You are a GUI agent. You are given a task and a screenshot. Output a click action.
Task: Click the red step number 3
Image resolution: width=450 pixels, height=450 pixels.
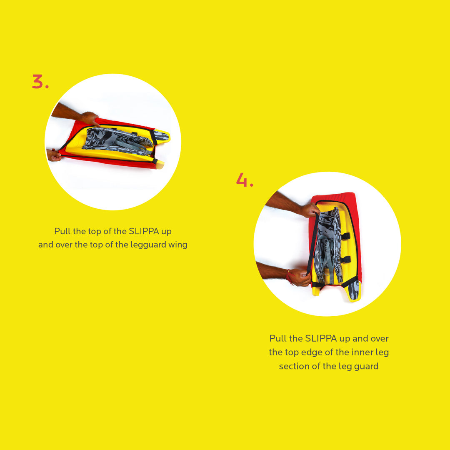pos(40,82)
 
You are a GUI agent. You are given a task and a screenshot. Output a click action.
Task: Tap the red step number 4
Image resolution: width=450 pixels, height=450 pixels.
pos(245,180)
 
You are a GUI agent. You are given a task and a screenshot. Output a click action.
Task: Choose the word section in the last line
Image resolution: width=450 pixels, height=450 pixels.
pos(294,366)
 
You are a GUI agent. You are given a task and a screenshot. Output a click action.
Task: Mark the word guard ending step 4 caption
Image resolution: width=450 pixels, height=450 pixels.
pos(367,366)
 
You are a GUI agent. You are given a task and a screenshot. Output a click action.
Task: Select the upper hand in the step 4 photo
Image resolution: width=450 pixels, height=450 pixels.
pos(309,210)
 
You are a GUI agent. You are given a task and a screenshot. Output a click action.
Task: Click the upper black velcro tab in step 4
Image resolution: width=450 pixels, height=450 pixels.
pos(345,236)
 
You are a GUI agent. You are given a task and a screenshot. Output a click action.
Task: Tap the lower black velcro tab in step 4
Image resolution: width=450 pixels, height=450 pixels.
pos(345,260)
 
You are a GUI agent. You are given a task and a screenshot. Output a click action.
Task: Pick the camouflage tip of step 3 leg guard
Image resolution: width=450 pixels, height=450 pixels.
pos(161,135)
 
